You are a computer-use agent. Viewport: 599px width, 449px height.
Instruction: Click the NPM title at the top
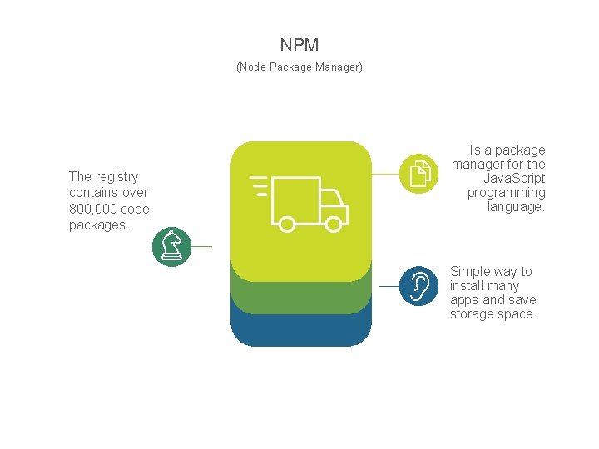(299, 45)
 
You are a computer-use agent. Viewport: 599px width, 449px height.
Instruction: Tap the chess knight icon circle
(172, 247)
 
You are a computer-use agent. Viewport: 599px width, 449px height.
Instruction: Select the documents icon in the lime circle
(419, 174)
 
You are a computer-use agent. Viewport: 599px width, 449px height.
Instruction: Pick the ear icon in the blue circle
(418, 286)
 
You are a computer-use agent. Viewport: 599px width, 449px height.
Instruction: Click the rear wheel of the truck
(286, 224)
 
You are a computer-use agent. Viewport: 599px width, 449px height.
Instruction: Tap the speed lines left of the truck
(259, 186)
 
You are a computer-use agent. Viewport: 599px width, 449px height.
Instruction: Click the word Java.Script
(514, 179)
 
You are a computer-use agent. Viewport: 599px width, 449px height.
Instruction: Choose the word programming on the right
(506, 193)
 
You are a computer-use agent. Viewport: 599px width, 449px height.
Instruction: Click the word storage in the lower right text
(472, 314)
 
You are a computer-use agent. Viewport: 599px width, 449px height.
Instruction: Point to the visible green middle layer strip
(300, 297)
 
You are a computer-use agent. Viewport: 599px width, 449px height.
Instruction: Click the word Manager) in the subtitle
(339, 67)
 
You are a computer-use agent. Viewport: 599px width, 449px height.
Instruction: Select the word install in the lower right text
(468, 286)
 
